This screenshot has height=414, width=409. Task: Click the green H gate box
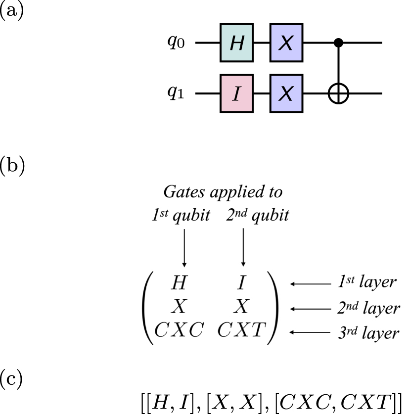pyautogui.click(x=236, y=44)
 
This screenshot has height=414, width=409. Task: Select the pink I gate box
pyautogui.click(x=236, y=93)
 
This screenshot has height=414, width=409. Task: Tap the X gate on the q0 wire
pyautogui.click(x=286, y=44)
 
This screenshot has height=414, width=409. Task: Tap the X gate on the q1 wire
pyautogui.click(x=286, y=93)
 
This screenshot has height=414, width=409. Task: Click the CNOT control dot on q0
pyautogui.click(x=339, y=44)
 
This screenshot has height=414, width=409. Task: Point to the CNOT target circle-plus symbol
pyautogui.click(x=339, y=93)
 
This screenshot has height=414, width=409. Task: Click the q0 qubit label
pyautogui.click(x=175, y=44)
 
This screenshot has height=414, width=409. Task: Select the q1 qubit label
pyautogui.click(x=175, y=93)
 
